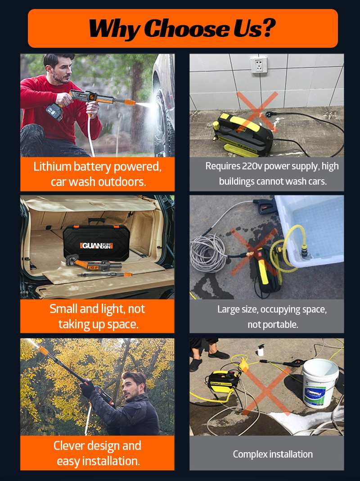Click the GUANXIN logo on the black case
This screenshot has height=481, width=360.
click(97, 245)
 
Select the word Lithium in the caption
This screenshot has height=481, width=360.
click(53, 167)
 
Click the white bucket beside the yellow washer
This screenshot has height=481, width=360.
click(320, 383)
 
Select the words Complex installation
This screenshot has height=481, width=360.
click(273, 454)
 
